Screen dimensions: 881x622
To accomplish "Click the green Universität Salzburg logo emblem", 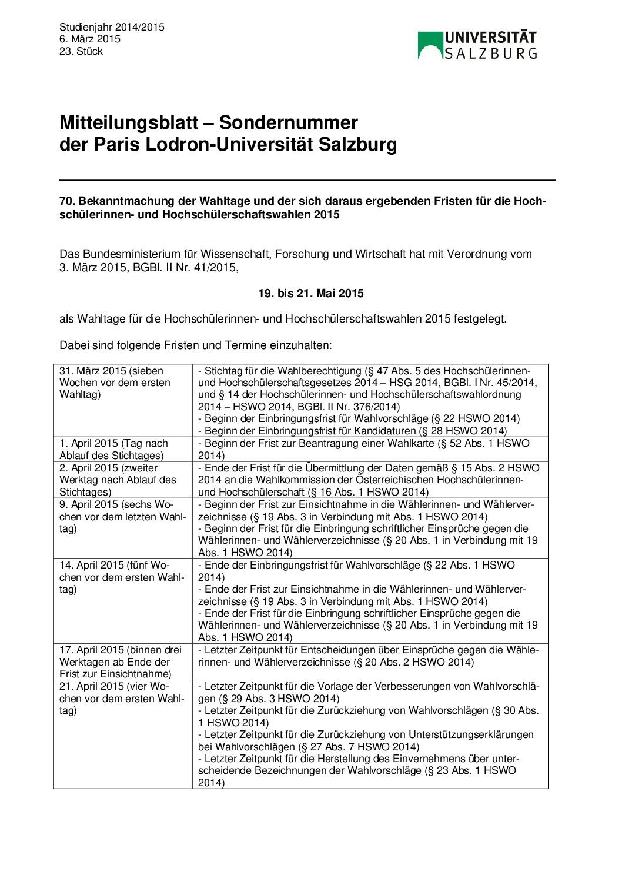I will point(430,45).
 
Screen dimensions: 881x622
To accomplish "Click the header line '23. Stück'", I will point(81,52).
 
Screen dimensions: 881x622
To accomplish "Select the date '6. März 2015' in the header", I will point(90,39).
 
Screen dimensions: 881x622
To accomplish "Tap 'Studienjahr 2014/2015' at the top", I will point(112,27).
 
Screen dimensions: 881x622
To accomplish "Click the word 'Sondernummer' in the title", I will point(288,123).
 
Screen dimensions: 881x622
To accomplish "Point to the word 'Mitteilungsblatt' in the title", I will point(129,123).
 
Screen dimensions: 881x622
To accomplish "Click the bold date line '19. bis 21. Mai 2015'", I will point(310,294).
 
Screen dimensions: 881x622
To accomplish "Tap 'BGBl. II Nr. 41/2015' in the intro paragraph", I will point(187,268).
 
